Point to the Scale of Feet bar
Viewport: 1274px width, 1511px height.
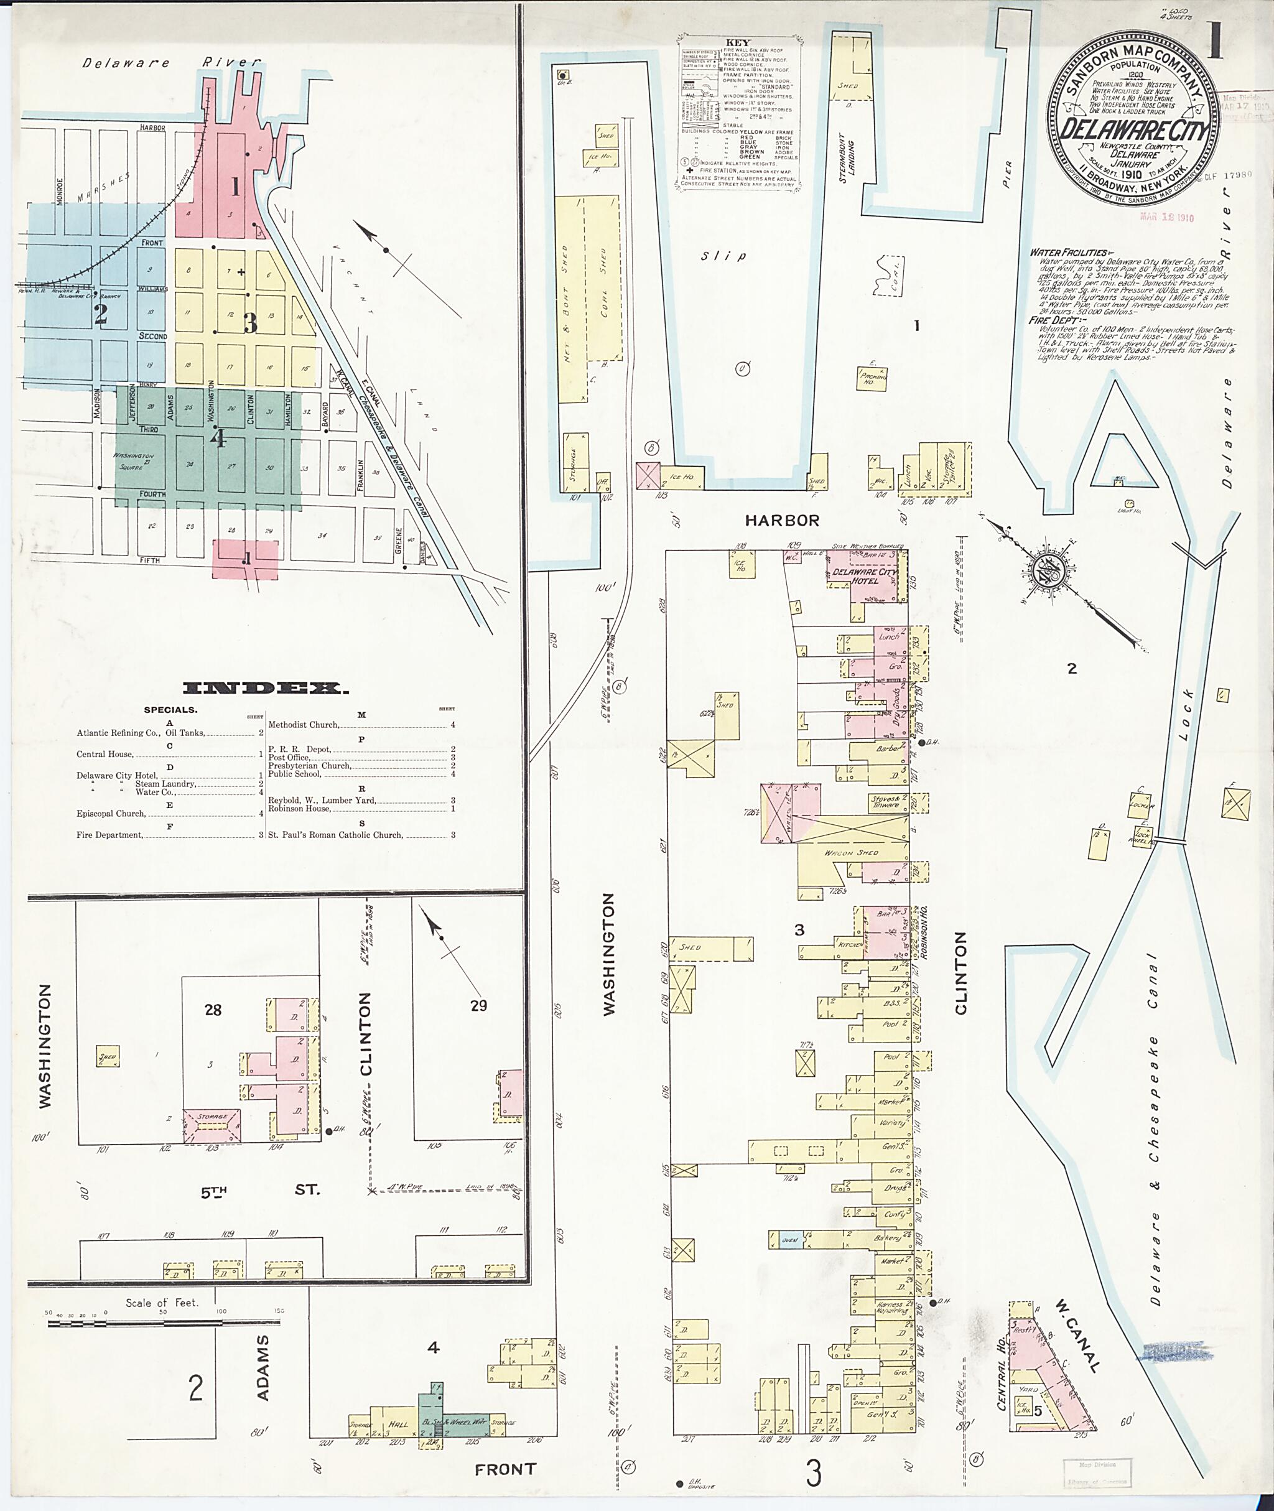[x=163, y=1324]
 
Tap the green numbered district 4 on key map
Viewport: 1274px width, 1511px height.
[x=216, y=439]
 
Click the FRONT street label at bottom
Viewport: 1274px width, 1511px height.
[x=505, y=1469]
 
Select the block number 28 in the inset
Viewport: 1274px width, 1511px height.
[x=212, y=1010]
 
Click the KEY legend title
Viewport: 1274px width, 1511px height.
[x=739, y=43]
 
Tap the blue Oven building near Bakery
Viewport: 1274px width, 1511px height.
[x=789, y=1240]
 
